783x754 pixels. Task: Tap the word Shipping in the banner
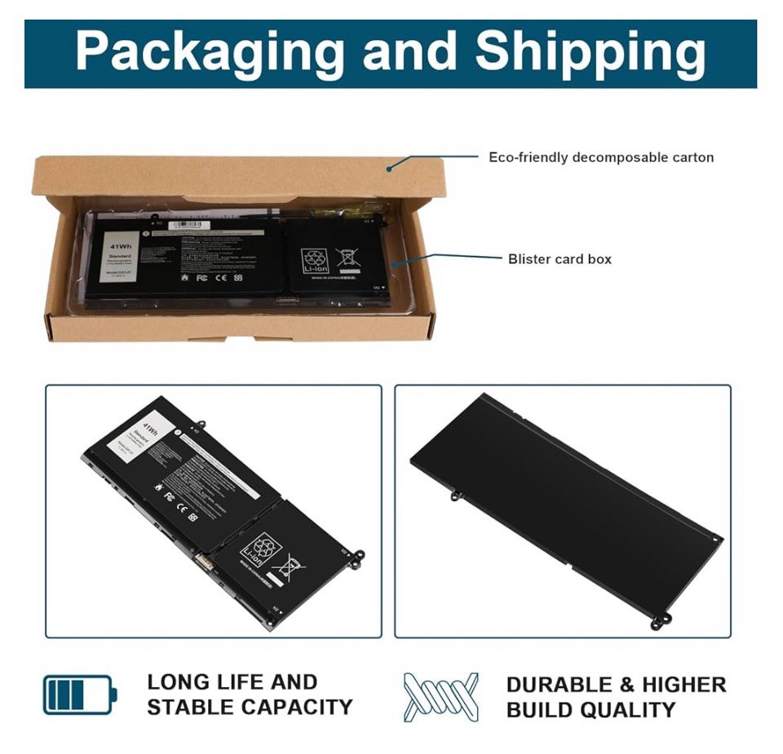click(591, 52)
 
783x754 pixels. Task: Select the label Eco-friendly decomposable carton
click(601, 157)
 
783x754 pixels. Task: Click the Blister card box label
click(560, 259)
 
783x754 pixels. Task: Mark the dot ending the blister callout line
click(392, 264)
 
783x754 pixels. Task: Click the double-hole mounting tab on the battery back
click(660, 622)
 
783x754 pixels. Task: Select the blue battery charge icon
click(79, 694)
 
